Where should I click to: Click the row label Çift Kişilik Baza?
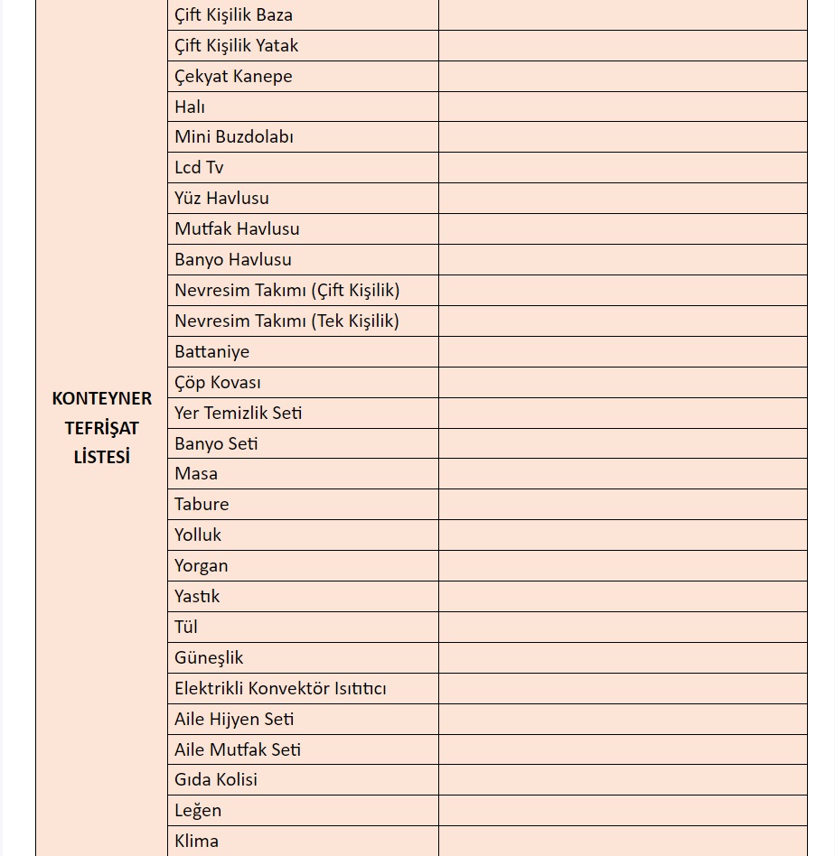point(233,15)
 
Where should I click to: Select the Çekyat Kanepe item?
point(233,77)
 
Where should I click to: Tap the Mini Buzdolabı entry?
point(234,137)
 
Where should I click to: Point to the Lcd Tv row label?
point(199,168)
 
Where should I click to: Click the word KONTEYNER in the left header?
point(102,398)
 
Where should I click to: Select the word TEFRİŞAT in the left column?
point(102,428)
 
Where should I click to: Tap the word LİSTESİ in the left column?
point(102,457)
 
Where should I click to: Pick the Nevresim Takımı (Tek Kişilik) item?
point(286,321)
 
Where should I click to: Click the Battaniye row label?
point(211,352)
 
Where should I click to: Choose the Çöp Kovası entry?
point(218,383)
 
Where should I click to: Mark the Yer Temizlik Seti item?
point(239,414)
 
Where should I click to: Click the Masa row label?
point(196,474)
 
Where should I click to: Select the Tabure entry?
point(202,505)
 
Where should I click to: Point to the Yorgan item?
point(202,566)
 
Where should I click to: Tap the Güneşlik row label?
point(209,658)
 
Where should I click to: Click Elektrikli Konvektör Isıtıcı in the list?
point(280,689)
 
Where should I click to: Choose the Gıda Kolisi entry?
point(216,780)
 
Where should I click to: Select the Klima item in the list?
point(196,842)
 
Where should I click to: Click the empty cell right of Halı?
point(623,107)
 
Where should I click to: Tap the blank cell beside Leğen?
point(623,811)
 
